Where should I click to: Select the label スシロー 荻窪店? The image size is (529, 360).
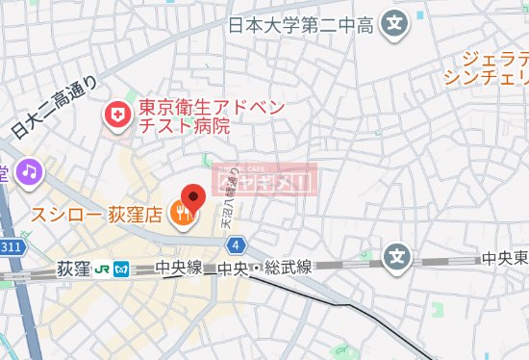click(95, 212)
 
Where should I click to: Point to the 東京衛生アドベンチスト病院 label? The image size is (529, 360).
click(197, 116)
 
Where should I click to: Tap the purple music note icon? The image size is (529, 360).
click(29, 171)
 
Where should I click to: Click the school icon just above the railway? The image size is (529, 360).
click(397, 256)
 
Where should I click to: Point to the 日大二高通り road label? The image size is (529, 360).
click(58, 106)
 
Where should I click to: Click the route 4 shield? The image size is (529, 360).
click(237, 244)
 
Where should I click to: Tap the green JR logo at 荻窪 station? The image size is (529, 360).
click(103, 270)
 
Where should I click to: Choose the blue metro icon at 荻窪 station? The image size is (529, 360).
click(121, 270)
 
